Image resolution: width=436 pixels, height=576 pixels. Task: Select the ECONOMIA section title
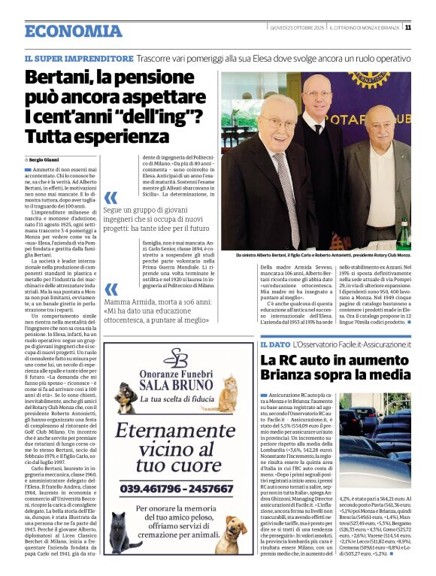pyautogui.click(x=73, y=31)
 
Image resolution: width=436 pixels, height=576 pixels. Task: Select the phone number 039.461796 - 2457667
pyautogui.click(x=175, y=487)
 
